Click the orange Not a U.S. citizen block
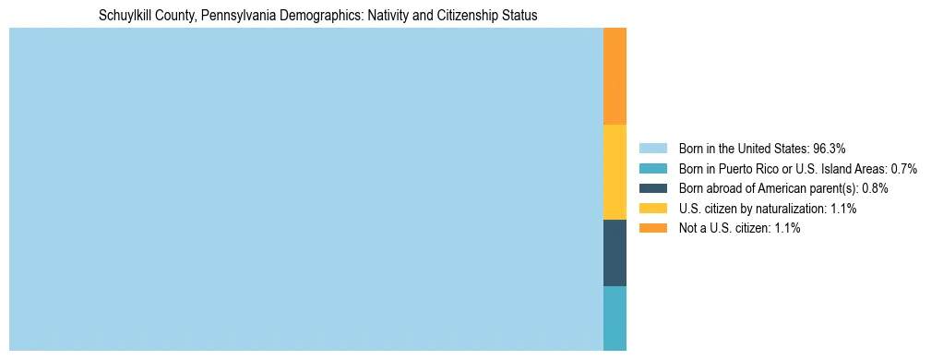(615, 76)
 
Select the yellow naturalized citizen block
(615, 172)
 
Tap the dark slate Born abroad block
(615, 253)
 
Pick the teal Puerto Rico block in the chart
(615, 318)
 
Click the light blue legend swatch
(652, 149)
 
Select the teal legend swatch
(652, 169)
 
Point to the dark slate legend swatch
(652, 188)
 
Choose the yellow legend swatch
(652, 209)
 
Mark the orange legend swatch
(652, 229)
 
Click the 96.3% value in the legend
(829, 149)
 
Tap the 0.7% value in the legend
(903, 169)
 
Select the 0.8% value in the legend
(875, 188)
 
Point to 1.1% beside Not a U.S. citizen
(787, 229)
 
